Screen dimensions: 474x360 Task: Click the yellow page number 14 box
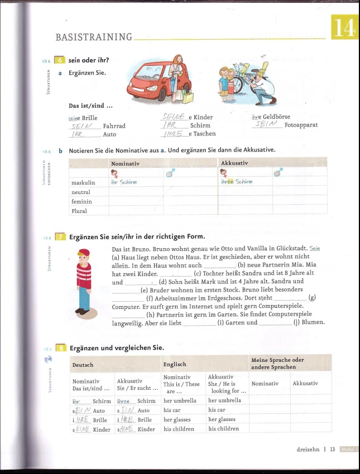(x=344, y=27)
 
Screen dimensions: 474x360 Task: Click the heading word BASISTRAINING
(x=94, y=37)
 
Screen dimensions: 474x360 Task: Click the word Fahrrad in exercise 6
(x=114, y=126)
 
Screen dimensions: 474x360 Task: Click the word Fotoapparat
(x=301, y=125)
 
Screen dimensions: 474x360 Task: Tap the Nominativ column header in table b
(x=125, y=163)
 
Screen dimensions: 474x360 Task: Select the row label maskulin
(x=83, y=182)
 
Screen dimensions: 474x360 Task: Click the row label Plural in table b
(x=79, y=211)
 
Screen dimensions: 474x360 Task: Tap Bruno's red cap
(x=84, y=253)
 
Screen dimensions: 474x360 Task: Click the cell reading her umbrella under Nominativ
(x=180, y=400)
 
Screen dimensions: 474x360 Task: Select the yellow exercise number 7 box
(x=60, y=236)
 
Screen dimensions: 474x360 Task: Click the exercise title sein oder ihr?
(x=88, y=60)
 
